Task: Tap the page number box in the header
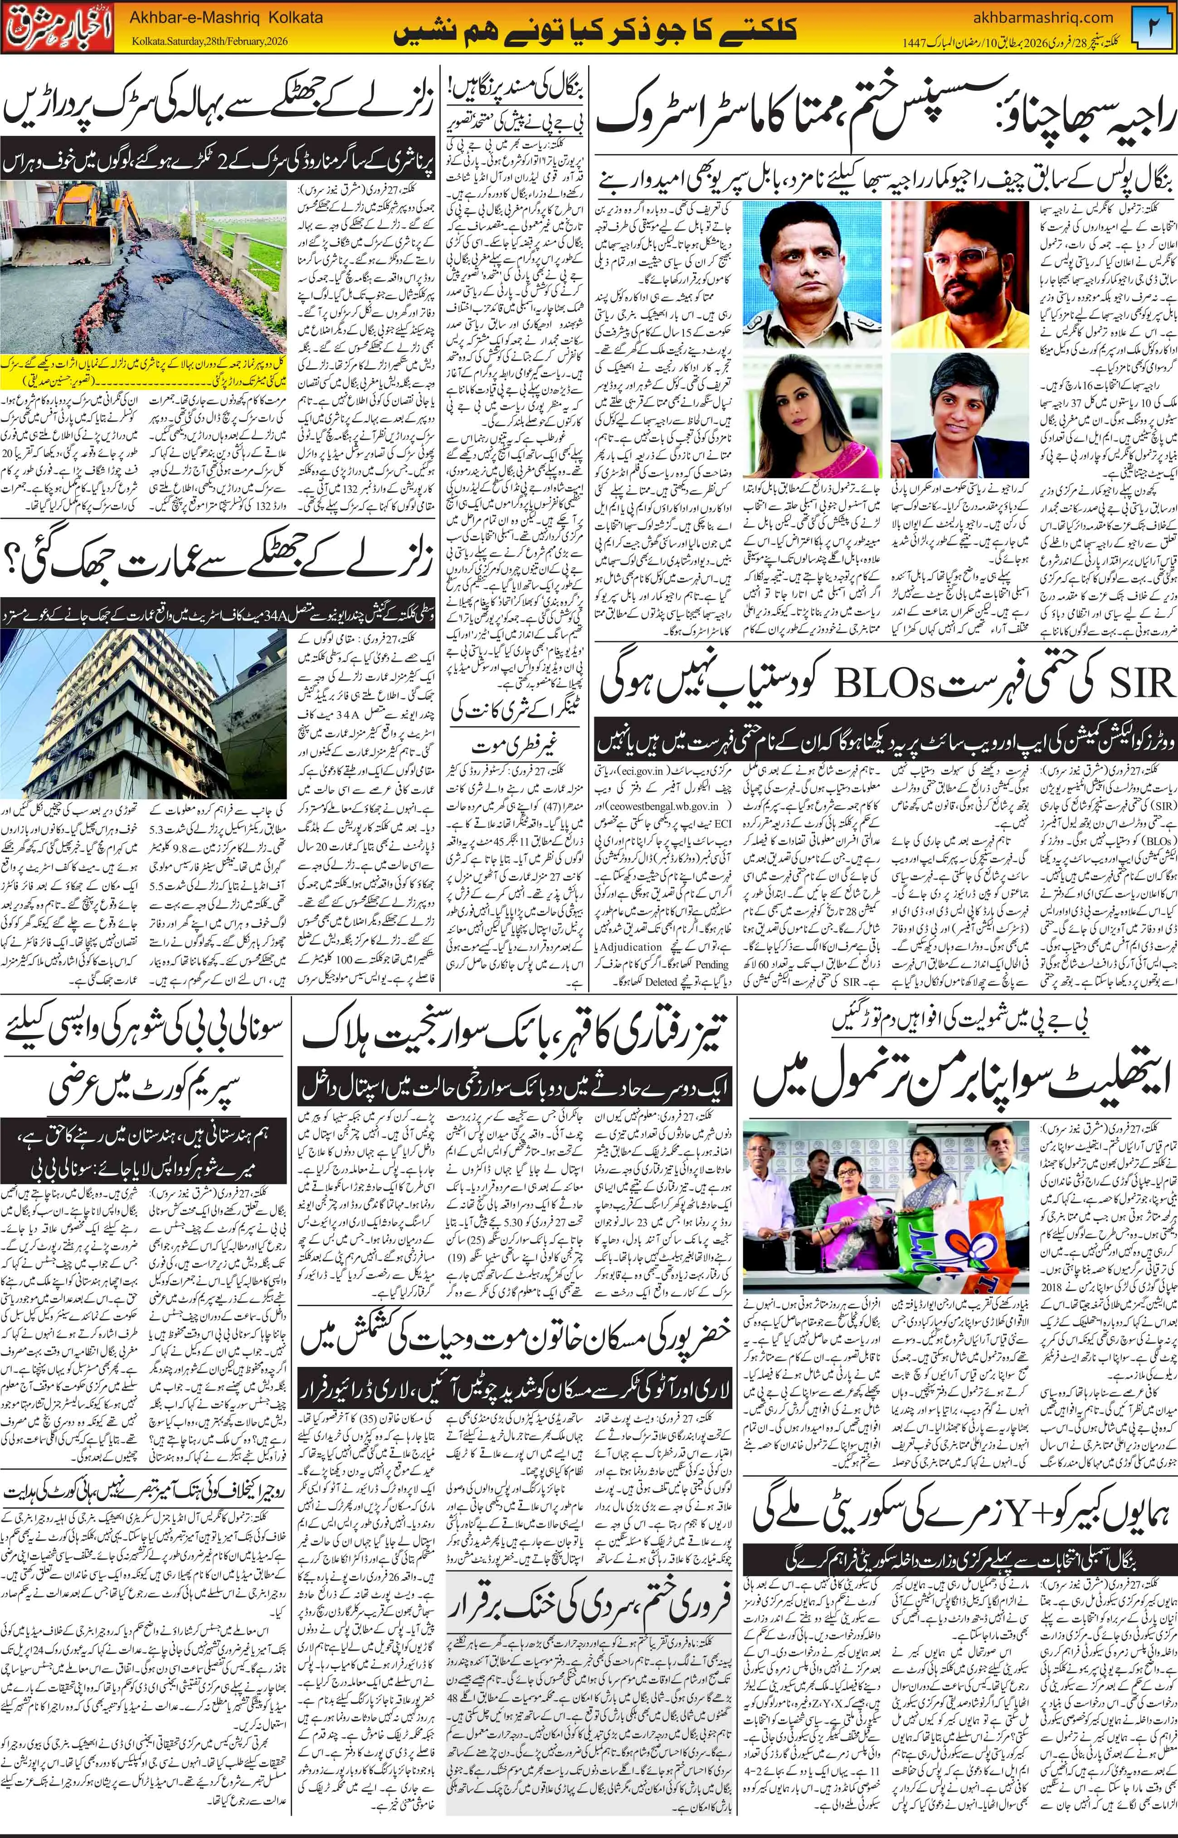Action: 1154,27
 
